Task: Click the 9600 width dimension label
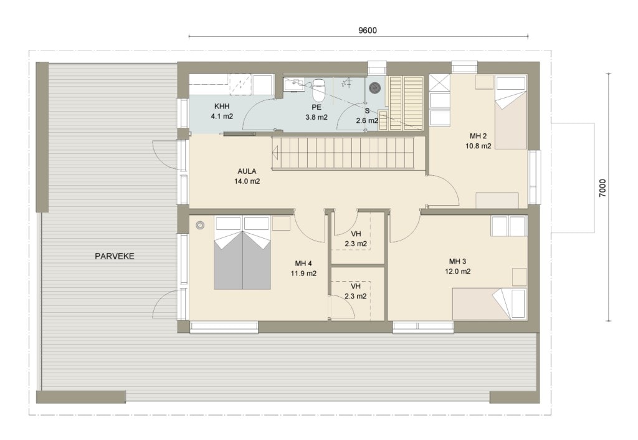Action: click(x=367, y=31)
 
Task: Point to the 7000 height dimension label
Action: click(x=602, y=188)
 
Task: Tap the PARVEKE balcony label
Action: click(x=115, y=256)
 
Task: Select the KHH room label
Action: click(x=222, y=106)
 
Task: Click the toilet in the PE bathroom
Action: click(x=318, y=90)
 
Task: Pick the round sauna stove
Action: click(x=374, y=87)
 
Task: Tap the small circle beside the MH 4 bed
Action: click(x=199, y=225)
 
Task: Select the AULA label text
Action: click(x=247, y=171)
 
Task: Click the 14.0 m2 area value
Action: click(x=247, y=181)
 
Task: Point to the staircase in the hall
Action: click(x=348, y=153)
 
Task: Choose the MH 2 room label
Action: click(x=478, y=136)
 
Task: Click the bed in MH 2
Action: click(x=511, y=112)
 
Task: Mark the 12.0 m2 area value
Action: click(x=458, y=272)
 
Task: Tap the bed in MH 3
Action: click(x=490, y=304)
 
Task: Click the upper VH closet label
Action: click(x=356, y=234)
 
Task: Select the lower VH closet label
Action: click(x=356, y=286)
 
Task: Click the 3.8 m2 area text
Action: click(x=317, y=117)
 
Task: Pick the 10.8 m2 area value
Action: click(x=478, y=146)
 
